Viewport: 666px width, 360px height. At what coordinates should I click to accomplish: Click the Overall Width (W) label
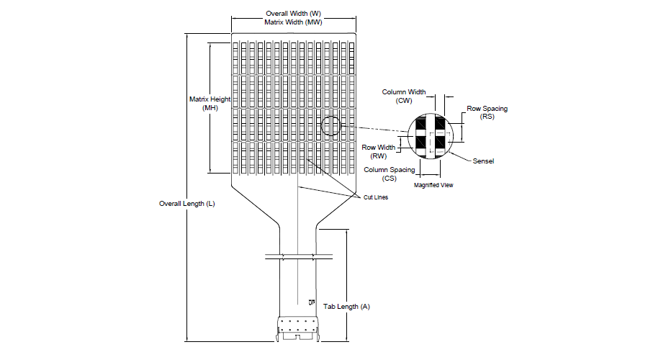[x=294, y=14]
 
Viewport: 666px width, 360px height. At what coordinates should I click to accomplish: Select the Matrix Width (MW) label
[x=294, y=22]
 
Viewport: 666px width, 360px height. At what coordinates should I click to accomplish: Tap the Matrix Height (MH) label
[x=210, y=104]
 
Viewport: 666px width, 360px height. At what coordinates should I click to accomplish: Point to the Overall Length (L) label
[x=187, y=204]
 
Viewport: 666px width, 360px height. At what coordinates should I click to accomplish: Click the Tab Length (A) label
[x=346, y=307]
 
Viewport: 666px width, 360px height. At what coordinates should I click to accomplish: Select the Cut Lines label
[x=376, y=197]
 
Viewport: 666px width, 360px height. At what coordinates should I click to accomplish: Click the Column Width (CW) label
[x=403, y=96]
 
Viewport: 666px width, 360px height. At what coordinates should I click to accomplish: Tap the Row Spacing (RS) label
[x=487, y=112]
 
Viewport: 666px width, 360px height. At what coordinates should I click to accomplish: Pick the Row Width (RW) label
[x=379, y=151]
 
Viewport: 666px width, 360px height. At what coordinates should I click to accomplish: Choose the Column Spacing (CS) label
[x=389, y=174]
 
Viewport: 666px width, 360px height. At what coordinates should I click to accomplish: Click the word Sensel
[x=483, y=161]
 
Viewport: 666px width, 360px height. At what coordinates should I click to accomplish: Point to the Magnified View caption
[x=433, y=185]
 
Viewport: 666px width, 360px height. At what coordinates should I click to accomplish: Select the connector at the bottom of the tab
[x=298, y=328]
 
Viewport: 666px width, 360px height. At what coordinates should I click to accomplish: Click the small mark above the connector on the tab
[x=312, y=302]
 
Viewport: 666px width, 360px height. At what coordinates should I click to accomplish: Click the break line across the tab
[x=299, y=257]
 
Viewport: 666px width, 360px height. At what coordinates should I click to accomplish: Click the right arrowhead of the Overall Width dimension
[x=354, y=18]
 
